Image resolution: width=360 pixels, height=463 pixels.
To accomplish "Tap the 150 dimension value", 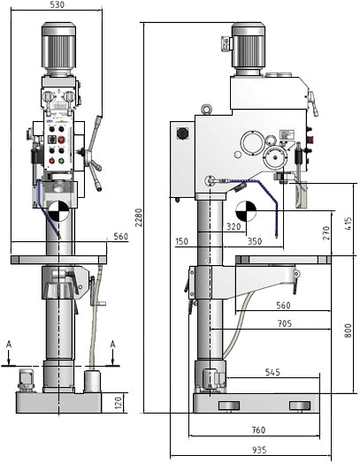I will [182, 240].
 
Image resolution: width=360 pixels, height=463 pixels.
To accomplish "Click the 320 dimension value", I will [234, 225].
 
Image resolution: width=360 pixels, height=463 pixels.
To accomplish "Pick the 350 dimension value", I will [255, 240].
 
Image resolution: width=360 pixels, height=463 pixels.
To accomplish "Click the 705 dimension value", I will [283, 323].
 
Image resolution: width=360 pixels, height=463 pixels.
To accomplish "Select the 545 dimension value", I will [272, 373].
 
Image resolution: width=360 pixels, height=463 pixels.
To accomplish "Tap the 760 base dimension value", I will [257, 431].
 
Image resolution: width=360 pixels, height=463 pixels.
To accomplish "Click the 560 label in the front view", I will [121, 236].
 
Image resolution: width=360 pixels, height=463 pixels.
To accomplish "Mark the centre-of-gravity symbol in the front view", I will [57, 213].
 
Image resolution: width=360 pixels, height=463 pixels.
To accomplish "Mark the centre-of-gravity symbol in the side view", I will [245, 212].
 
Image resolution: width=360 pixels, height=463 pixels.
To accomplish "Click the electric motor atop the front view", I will [58, 49].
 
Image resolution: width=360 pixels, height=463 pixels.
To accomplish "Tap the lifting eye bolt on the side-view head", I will [205, 110].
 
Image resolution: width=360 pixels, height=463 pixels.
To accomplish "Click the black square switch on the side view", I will [184, 134].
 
